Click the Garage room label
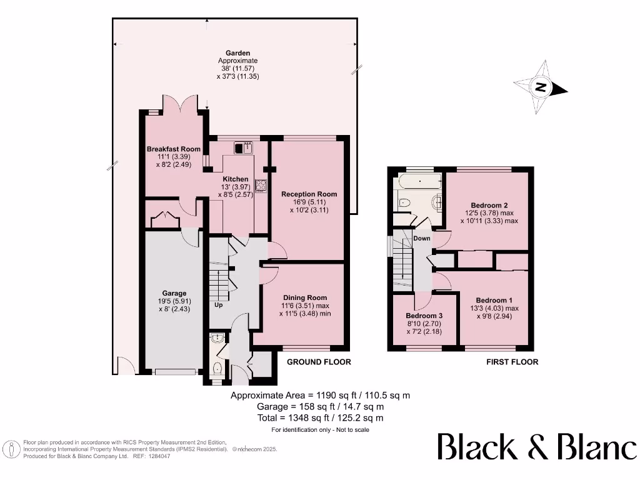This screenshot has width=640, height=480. pyautogui.click(x=174, y=293)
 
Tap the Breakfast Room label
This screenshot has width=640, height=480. pyautogui.click(x=174, y=149)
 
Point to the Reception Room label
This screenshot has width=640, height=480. pyautogui.click(x=309, y=194)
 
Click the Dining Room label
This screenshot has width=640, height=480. pyautogui.click(x=305, y=297)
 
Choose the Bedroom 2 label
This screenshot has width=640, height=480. pyautogui.click(x=488, y=205)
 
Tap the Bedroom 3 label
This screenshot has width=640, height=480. pyautogui.click(x=424, y=316)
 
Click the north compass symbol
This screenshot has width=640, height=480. pyautogui.click(x=540, y=87)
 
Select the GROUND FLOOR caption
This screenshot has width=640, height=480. pyautogui.click(x=319, y=362)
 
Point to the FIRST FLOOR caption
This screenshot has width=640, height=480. pyautogui.click(x=512, y=362)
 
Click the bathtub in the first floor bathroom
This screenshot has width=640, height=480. pyautogui.click(x=420, y=182)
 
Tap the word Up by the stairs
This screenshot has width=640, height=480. pyautogui.click(x=219, y=305)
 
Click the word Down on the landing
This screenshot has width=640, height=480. pyautogui.click(x=422, y=238)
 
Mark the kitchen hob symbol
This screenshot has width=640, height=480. pyautogui.click(x=259, y=185)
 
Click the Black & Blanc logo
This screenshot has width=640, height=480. pyautogui.click(x=536, y=447)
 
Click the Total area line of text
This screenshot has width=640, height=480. pyautogui.click(x=320, y=417)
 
